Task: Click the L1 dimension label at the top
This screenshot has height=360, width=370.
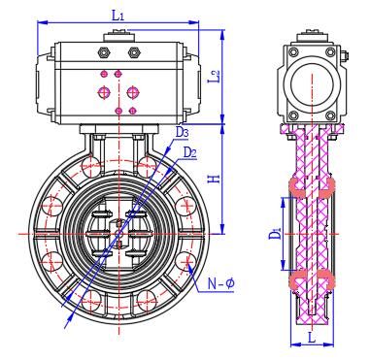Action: coord(118,15)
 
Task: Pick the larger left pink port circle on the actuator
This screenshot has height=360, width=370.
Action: coord(103,92)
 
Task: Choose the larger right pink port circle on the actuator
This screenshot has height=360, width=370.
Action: coord(133,92)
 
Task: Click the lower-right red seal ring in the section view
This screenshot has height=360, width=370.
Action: coord(328,281)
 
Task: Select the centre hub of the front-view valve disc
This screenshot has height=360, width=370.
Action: coord(118,232)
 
